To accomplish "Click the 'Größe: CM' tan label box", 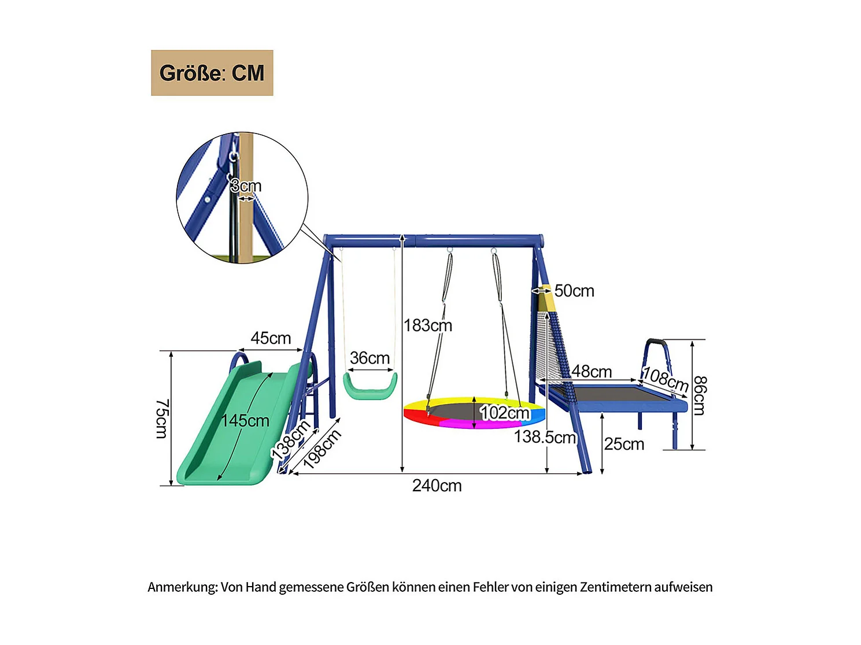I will click(x=212, y=73).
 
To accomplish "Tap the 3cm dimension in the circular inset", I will click(x=246, y=186).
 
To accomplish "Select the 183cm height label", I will click(x=428, y=325).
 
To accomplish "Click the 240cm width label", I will click(x=437, y=485).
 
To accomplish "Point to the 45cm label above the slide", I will click(x=271, y=338).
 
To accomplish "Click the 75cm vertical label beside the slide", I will click(x=162, y=418).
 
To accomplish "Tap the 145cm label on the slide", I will click(x=245, y=420).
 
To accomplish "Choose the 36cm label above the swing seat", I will click(x=369, y=358).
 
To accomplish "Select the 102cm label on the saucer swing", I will click(x=504, y=412).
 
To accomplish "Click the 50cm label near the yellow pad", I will click(x=574, y=291).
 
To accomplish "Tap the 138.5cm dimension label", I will click(x=545, y=437).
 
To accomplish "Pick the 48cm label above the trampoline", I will click(x=592, y=371).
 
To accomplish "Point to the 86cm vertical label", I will click(x=699, y=395).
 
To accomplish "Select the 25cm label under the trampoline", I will click(x=624, y=444).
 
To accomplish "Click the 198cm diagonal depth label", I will click(x=322, y=448).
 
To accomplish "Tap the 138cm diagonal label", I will click(x=291, y=440).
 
